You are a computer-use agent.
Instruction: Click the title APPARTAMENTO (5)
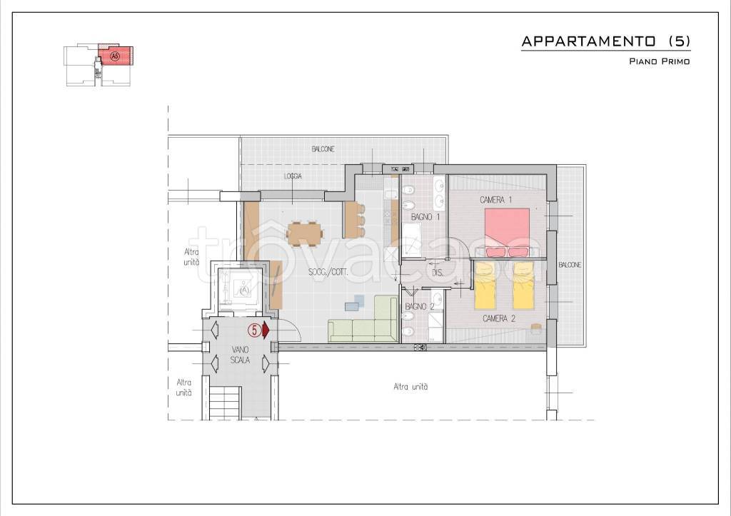tap(605, 41)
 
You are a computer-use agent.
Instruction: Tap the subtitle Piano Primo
tap(659, 61)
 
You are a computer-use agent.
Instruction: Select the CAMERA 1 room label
tap(496, 200)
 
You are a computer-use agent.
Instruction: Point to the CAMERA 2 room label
tap(499, 319)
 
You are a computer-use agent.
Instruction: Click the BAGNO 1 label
tap(425, 217)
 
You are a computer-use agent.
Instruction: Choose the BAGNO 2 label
tap(420, 306)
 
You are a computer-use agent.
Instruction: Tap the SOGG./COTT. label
tap(328, 272)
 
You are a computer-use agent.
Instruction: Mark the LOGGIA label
tap(293, 176)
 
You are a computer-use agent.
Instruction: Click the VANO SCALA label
tap(241, 355)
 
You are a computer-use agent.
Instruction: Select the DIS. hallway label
tap(438, 273)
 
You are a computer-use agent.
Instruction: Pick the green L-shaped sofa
tap(363, 319)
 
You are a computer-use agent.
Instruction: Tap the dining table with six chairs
tap(305, 233)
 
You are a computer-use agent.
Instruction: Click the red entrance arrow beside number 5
tap(266, 330)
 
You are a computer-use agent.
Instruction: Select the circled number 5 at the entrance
tap(255, 330)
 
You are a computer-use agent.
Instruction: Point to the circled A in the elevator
tap(245, 290)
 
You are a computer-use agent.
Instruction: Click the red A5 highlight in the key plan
tap(116, 56)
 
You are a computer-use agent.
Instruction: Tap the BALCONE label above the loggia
tap(323, 149)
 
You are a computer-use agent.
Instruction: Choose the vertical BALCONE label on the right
tap(570, 265)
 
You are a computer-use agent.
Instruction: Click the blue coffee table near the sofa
tap(355, 303)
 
